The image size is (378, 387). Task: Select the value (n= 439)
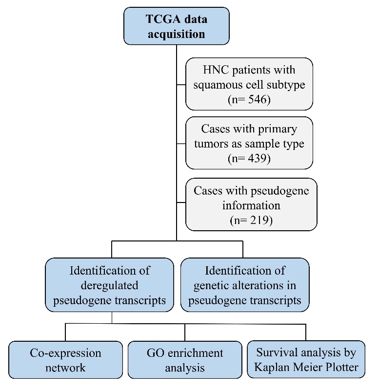tap(251, 159)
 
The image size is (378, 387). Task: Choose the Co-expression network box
tap(65, 360)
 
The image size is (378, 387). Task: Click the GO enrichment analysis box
tap(184, 360)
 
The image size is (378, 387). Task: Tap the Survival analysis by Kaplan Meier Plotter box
tap(306, 360)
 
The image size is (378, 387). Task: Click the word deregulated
tap(110, 285)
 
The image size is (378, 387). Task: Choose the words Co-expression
tap(65, 352)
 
